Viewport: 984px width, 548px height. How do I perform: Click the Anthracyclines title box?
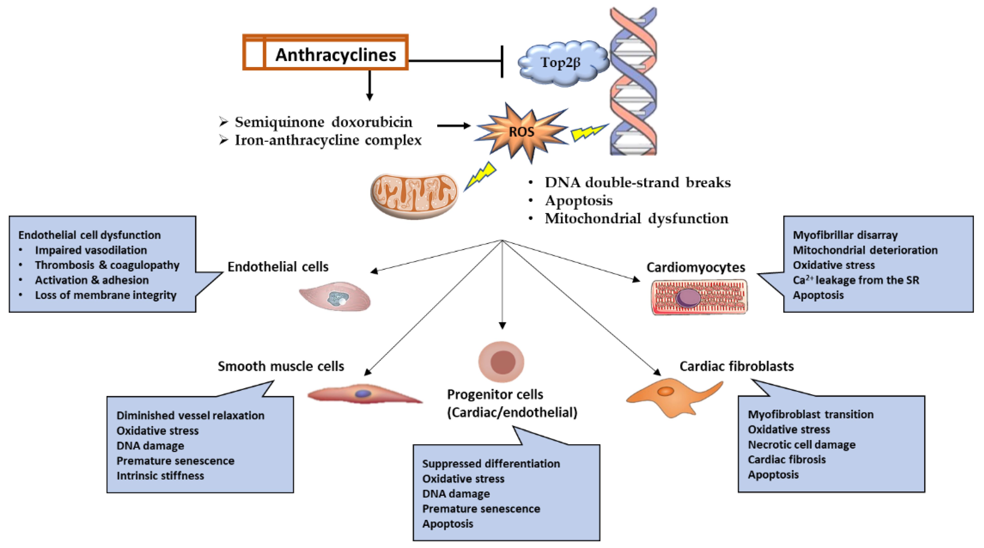(x=325, y=53)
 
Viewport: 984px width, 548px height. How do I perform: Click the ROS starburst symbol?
(x=521, y=132)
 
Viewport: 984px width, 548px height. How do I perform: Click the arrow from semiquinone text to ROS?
(x=453, y=126)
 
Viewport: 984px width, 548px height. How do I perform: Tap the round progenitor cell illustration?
(x=502, y=362)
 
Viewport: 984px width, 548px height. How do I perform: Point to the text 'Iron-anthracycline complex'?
(x=328, y=140)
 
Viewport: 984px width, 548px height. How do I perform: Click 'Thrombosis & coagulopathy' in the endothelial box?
(x=107, y=265)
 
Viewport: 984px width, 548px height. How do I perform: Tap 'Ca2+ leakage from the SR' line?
(x=856, y=280)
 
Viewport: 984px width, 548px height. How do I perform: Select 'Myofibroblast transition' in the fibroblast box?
(x=811, y=414)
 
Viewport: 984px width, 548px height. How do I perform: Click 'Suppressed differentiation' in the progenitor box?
(x=491, y=464)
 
